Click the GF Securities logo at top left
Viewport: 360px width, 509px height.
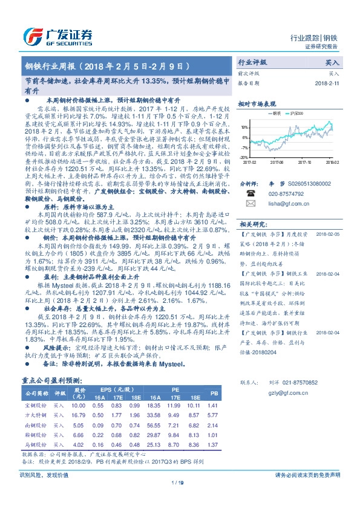(58, 35)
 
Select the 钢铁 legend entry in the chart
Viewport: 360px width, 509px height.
(275, 112)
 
